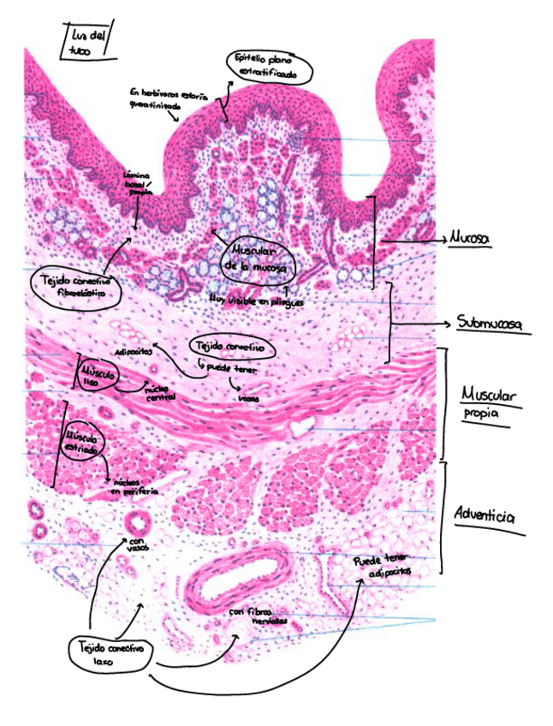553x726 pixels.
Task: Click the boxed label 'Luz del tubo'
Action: point(88,42)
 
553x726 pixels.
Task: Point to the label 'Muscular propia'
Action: point(489,403)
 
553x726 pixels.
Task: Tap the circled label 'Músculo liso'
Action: point(96,375)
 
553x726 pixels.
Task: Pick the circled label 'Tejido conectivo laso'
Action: point(110,655)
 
